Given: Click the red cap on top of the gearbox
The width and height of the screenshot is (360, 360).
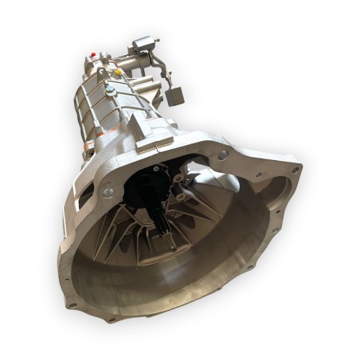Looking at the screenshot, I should (x=95, y=56).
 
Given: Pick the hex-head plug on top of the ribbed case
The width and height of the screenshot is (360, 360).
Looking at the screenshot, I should (x=112, y=92).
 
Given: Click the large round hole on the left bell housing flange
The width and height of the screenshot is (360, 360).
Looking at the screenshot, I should (x=108, y=193).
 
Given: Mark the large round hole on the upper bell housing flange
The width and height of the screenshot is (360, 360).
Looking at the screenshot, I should (x=222, y=154).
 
